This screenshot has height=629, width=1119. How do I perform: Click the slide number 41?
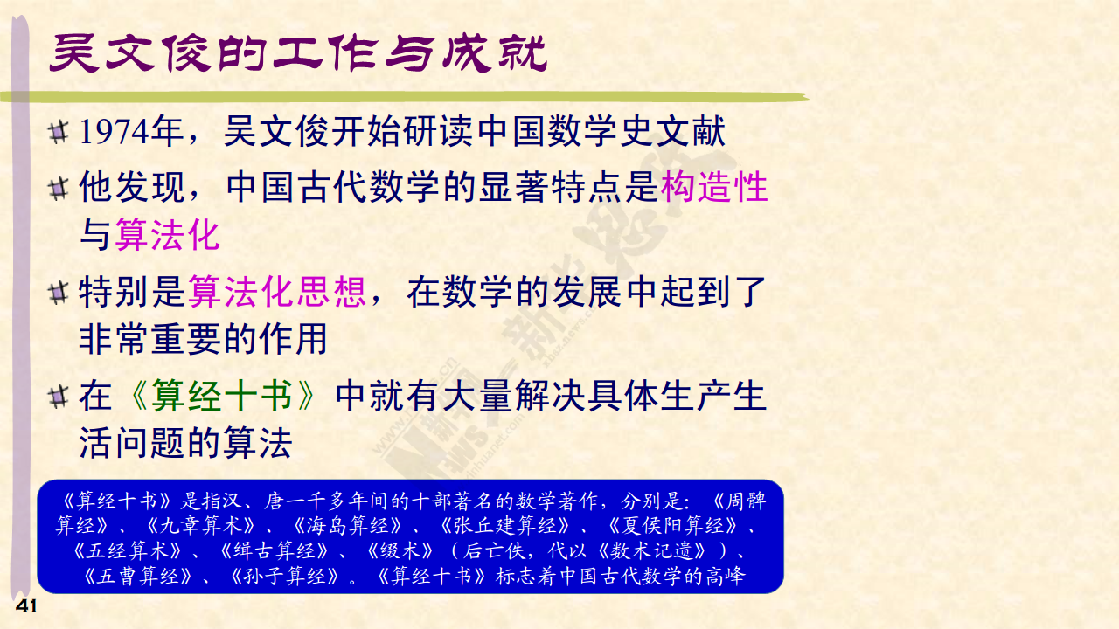click(x=26, y=606)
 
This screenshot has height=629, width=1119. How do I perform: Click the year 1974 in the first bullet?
click(x=115, y=132)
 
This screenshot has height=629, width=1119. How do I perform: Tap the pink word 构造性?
click(x=714, y=187)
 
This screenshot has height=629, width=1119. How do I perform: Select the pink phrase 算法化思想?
click(x=277, y=292)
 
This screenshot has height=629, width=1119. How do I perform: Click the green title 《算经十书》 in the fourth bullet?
click(x=222, y=396)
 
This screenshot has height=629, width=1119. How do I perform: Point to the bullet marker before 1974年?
click(x=59, y=132)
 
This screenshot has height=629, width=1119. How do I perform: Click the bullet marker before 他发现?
click(x=59, y=190)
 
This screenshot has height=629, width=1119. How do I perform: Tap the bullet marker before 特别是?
click(x=59, y=293)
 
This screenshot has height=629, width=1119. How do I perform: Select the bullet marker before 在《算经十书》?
click(x=59, y=397)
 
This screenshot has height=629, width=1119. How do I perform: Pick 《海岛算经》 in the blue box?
click(x=348, y=526)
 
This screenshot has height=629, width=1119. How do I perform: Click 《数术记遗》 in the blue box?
click(x=652, y=551)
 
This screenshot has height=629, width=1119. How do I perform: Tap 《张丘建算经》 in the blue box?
click(x=505, y=526)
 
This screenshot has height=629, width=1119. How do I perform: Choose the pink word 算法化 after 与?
click(x=168, y=235)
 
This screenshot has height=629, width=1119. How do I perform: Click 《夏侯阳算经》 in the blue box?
click(x=673, y=526)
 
